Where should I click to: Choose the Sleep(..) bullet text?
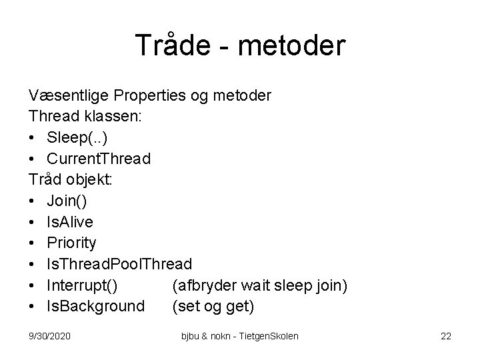point(77,138)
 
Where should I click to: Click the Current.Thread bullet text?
point(98,159)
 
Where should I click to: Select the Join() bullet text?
point(65,201)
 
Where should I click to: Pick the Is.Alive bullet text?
point(71,223)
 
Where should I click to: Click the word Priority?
point(71,243)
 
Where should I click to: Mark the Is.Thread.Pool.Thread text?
point(119,265)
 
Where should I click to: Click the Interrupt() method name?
point(83,285)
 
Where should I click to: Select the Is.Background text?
point(95,307)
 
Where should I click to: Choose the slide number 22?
point(445,336)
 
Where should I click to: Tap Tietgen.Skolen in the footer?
point(269,336)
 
